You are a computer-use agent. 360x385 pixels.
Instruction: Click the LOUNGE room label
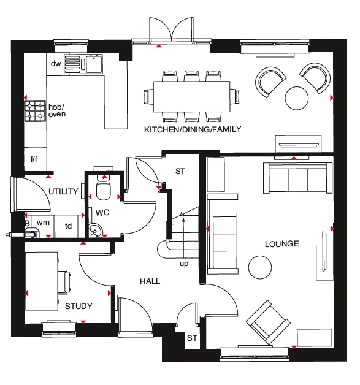(281, 244)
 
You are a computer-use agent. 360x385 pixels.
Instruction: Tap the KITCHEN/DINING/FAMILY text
(193, 129)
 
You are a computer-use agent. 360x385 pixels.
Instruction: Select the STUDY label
(79, 306)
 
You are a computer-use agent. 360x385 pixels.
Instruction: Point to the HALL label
(150, 281)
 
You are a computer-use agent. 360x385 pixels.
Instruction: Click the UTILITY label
(63, 192)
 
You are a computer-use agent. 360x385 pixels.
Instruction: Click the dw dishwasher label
(56, 64)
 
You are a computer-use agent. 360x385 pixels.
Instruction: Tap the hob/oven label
(57, 110)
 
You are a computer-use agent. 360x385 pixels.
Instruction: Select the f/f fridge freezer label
(34, 159)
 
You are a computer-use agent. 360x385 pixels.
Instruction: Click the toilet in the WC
(103, 188)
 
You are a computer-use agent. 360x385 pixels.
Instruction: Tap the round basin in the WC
(96, 230)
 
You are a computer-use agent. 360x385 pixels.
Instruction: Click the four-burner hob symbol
(35, 110)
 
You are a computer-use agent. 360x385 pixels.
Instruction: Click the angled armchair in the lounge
(267, 321)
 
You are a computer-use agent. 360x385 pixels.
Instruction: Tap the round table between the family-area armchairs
(297, 96)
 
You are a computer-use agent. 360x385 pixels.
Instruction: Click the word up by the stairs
(183, 265)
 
